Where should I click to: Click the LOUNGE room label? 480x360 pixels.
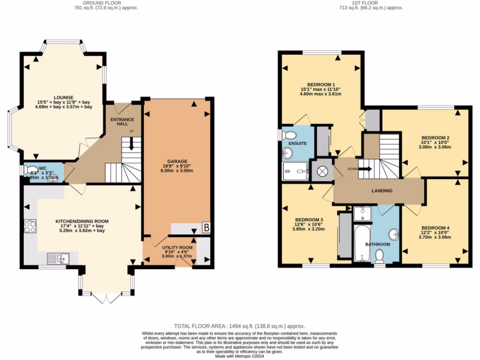[x=63, y=97]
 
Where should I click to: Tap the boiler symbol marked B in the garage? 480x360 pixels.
[x=206, y=228]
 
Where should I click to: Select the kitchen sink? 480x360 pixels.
[x=58, y=257]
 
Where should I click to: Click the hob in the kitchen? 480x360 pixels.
[x=30, y=226]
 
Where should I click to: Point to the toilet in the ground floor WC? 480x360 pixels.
[x=30, y=171]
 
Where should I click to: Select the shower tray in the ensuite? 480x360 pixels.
[x=295, y=171]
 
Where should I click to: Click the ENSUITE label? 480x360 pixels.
[x=297, y=143]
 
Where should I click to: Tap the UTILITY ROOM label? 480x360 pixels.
[x=177, y=247]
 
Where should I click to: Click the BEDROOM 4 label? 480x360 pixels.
[x=435, y=228]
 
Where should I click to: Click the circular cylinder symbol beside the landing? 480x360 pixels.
[x=322, y=171]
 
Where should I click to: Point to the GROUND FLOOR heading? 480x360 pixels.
[x=102, y=3]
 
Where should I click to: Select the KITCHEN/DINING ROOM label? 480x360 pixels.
[x=82, y=221]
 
